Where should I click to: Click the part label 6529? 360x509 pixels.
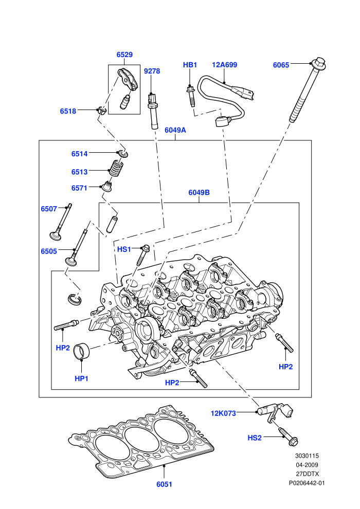coord(124,54)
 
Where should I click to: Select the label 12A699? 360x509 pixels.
coord(224,65)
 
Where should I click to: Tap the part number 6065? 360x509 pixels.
coord(281,65)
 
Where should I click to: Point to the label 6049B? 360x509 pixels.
coord(199,192)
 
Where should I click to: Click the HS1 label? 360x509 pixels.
coord(124,249)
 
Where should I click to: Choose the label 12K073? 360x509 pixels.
coord(223,413)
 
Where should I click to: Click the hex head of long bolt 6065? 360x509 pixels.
coord(319,63)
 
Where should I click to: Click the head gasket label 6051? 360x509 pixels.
coord(164,484)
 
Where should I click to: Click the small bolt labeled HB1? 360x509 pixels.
coord(191,96)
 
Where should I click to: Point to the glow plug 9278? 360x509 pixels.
coord(152,111)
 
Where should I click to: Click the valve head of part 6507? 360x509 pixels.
coord(55,235)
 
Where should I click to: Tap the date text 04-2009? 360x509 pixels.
coord(307,465)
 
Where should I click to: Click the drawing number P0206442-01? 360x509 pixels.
coord(307,483)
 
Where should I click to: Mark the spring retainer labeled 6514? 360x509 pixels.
coord(123,153)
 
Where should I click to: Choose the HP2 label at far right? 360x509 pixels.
coord(285,367)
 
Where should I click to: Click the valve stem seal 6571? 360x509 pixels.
coord(106,186)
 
